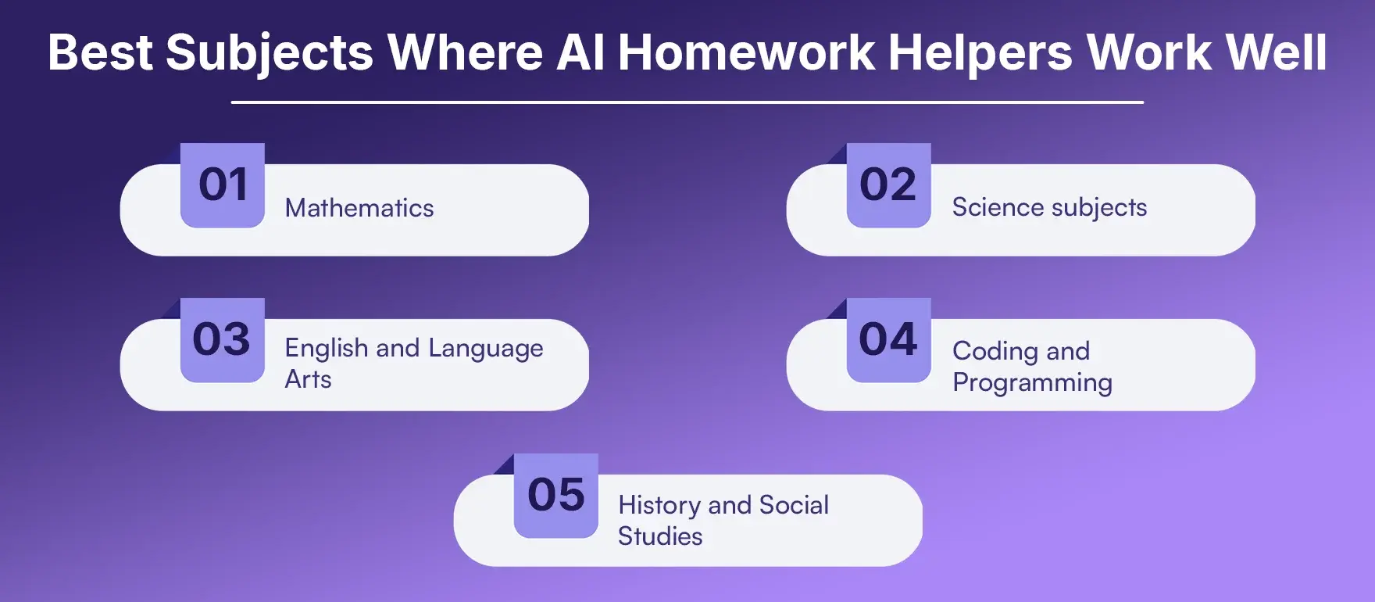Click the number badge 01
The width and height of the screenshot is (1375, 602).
(223, 185)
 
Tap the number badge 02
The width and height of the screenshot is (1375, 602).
(888, 185)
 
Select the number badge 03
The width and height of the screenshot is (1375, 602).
(223, 340)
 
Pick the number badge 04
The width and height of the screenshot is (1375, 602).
(888, 340)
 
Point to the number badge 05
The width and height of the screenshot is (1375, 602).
(556, 496)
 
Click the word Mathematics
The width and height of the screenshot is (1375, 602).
(359, 208)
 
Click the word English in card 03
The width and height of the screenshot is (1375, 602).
(326, 348)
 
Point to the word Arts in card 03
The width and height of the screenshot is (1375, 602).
(308, 379)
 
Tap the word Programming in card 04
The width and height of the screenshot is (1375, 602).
(1032, 383)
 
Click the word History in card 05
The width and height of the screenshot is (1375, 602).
(659, 505)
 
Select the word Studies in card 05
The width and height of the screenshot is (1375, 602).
(660, 536)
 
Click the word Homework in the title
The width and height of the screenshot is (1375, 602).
(746, 52)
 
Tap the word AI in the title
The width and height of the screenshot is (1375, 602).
(580, 52)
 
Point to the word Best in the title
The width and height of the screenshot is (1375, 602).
(100, 52)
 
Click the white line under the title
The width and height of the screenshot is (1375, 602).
(687, 102)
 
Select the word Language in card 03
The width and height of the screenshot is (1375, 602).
(485, 349)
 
